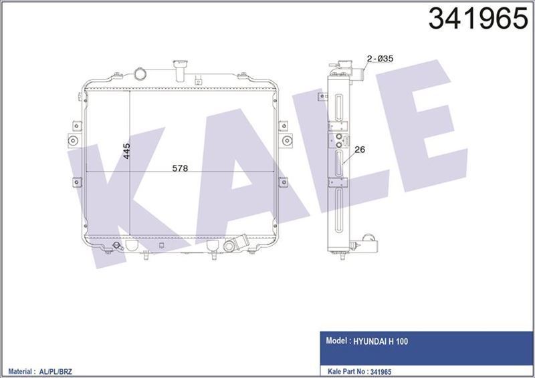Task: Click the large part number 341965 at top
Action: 473,19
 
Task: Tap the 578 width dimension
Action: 181,168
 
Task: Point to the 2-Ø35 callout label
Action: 380,59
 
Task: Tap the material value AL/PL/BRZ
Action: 62,369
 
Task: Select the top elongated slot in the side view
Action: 339,106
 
